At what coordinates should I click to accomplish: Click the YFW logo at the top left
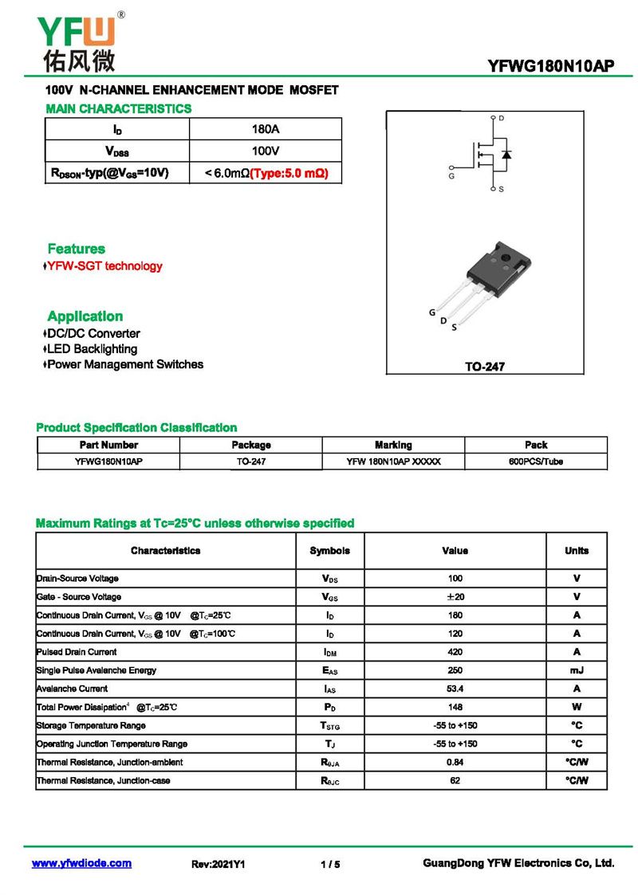pos(76,40)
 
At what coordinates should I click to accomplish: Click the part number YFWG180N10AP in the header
pos(550,67)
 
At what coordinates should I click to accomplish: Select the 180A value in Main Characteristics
pos(266,129)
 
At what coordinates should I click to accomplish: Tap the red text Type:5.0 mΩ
pos(289,172)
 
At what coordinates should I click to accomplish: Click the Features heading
pos(76,249)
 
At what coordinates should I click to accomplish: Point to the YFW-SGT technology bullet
pos(104,266)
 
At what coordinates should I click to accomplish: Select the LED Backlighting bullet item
pos(92,349)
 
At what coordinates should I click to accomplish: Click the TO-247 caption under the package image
pos(485,367)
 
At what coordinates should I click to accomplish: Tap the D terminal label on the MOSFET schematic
pos(501,119)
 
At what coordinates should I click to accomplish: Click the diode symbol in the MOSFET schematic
pos(506,153)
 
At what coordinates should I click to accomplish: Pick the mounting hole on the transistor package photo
pos(504,257)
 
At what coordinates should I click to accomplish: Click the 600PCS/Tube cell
pos(536,461)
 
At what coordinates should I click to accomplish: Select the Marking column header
pos(393,445)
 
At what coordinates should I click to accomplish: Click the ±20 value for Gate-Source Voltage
pos(455,597)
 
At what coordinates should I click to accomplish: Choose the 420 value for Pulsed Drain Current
pos(455,652)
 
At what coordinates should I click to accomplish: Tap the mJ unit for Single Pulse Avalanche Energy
pos(577,670)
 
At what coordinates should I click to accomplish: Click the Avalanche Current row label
pos(72,689)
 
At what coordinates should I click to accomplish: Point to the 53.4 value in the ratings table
pos(455,689)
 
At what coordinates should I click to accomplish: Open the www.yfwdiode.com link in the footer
pos(81,863)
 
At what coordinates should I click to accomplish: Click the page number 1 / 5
pos(330,864)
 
